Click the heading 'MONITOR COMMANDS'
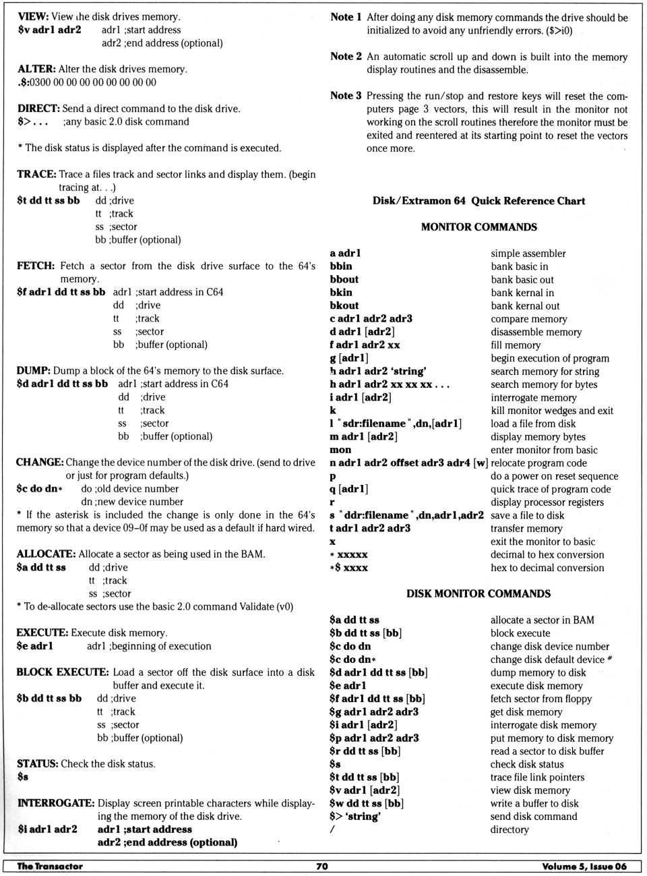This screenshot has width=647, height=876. pyautogui.click(x=479, y=227)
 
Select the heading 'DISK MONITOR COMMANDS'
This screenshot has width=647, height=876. pyautogui.click(x=478, y=593)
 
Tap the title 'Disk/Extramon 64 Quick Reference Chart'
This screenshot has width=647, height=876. pyautogui.click(x=479, y=201)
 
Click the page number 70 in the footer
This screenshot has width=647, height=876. pyautogui.click(x=322, y=866)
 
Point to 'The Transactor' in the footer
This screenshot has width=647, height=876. pyautogui.click(x=50, y=866)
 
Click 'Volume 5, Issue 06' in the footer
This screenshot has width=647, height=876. pyautogui.click(x=584, y=866)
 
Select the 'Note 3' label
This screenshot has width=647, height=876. pyautogui.click(x=346, y=96)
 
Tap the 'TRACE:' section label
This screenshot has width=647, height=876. pyautogui.click(x=36, y=174)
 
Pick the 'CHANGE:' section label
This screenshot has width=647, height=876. pyautogui.click(x=40, y=462)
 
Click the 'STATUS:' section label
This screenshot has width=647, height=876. pyautogui.click(x=37, y=763)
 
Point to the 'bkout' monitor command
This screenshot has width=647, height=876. pyautogui.click(x=344, y=305)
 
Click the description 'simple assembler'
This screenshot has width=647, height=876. pyautogui.click(x=528, y=254)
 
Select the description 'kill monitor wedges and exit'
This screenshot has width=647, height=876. pyautogui.click(x=551, y=411)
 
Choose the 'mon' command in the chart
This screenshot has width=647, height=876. pyautogui.click(x=340, y=450)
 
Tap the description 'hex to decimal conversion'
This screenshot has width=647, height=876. pyautogui.click(x=547, y=568)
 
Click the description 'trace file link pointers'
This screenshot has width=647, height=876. pyautogui.click(x=537, y=777)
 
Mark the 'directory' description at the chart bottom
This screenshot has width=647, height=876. pyautogui.click(x=510, y=829)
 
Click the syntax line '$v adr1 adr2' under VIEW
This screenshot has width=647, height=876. pyautogui.click(x=49, y=30)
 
